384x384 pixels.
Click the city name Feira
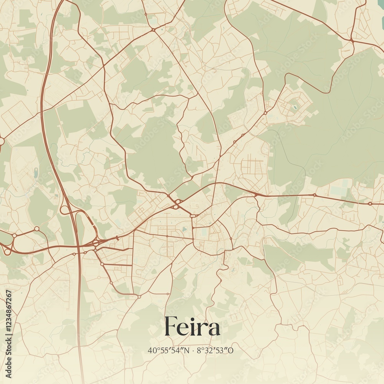point(192,327)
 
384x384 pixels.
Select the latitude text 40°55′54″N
point(169,350)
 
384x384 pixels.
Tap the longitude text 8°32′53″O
point(215,350)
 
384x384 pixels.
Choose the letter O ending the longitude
point(231,350)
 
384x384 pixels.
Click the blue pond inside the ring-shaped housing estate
point(295,108)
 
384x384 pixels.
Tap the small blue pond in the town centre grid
point(185,229)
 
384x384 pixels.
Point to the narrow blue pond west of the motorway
point(36,173)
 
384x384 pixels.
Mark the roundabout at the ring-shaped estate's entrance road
point(265,113)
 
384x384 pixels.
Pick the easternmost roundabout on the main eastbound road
point(370,203)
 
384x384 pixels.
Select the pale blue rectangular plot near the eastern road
point(338,191)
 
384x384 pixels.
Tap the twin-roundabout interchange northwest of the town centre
point(177,204)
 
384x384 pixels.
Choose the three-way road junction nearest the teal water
point(351,40)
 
